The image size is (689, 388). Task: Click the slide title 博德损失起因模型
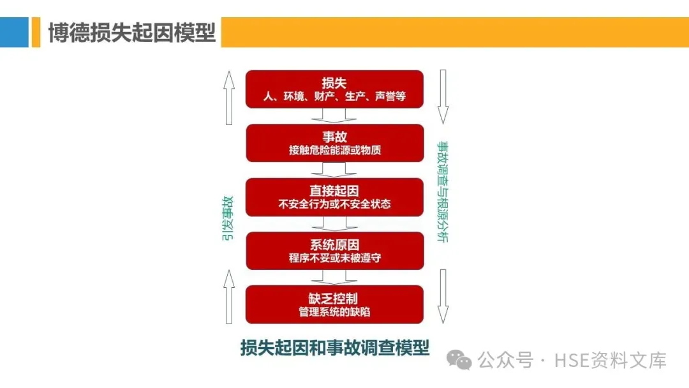click(132, 33)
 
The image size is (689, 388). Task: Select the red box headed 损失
click(334, 89)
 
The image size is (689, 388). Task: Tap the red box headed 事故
click(334, 143)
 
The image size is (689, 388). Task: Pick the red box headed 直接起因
click(334, 197)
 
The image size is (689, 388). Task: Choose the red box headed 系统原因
click(334, 251)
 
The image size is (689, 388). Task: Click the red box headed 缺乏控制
click(334, 304)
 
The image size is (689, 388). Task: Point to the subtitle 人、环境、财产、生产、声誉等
click(334, 97)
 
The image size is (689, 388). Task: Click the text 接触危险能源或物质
click(334, 151)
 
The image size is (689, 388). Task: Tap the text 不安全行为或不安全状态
click(334, 205)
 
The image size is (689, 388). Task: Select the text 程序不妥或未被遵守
click(334, 258)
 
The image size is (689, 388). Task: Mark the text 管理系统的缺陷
click(334, 313)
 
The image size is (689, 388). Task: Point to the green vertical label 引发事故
click(227, 218)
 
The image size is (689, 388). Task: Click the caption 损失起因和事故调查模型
click(334, 348)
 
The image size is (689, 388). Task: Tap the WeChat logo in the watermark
click(459, 361)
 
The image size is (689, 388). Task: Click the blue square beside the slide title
click(14, 32)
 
